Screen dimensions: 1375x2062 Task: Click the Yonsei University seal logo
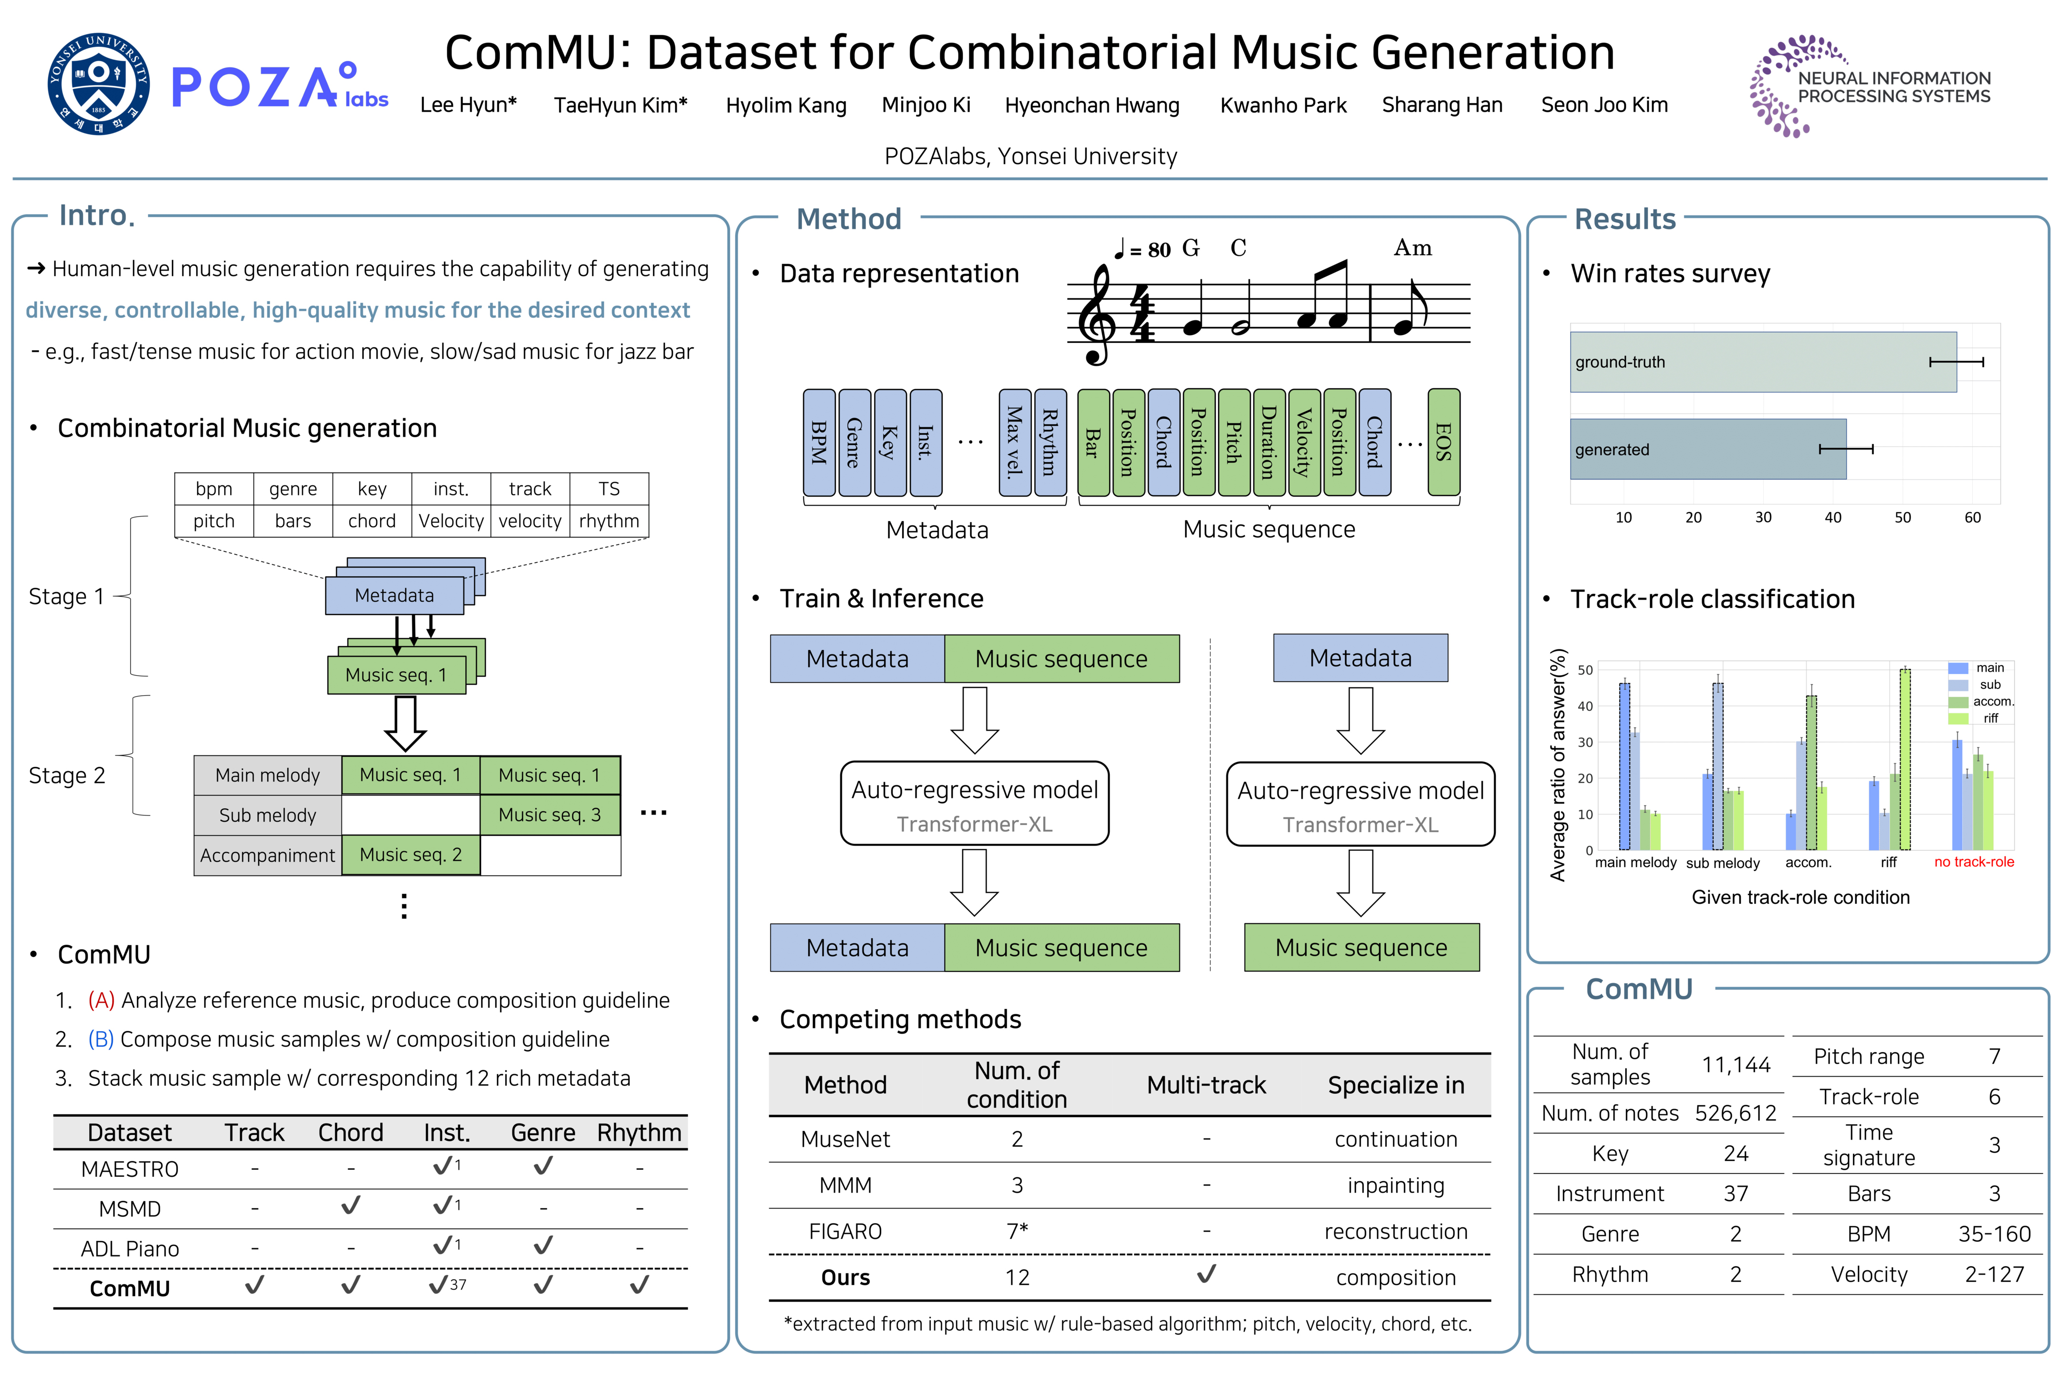click(x=98, y=84)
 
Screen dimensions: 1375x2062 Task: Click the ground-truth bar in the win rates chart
click(x=1762, y=361)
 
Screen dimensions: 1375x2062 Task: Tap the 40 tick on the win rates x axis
click(x=1832, y=518)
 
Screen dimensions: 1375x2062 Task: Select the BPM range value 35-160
click(x=1994, y=1234)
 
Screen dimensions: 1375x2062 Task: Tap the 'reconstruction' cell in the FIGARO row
click(x=1395, y=1231)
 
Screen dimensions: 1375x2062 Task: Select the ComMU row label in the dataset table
click(x=130, y=1288)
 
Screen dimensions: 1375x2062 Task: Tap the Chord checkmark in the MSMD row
click(x=351, y=1206)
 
